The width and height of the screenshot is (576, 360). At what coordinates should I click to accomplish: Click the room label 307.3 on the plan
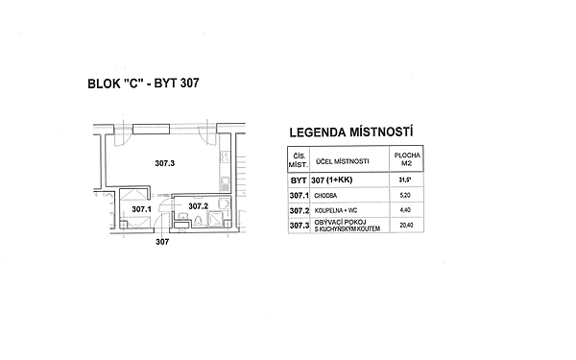(x=164, y=163)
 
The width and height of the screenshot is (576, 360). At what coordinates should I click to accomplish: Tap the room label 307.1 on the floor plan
(x=141, y=209)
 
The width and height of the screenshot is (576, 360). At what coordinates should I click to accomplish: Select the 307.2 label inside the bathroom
(x=199, y=206)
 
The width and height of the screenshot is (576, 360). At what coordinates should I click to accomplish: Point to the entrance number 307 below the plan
(x=162, y=242)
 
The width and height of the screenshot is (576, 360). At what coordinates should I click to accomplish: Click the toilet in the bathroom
(x=199, y=221)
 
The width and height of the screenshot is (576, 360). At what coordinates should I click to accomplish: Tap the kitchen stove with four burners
(x=225, y=157)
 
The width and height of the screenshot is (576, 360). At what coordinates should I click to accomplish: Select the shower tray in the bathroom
(x=216, y=219)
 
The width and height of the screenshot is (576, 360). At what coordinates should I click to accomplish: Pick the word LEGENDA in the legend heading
(x=318, y=132)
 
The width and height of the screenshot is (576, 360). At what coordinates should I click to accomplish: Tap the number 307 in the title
(x=190, y=83)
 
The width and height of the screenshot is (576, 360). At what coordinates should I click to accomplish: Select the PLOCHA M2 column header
(x=407, y=159)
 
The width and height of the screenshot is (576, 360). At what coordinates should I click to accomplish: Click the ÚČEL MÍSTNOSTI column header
(x=342, y=161)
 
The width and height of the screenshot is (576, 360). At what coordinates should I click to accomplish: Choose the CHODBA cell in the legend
(x=325, y=196)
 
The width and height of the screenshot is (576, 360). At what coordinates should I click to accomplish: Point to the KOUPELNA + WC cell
(x=336, y=211)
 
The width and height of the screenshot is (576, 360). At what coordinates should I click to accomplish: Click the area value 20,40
(x=406, y=226)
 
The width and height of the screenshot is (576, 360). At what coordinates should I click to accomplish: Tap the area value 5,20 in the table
(x=405, y=195)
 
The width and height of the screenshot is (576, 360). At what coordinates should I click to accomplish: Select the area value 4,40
(x=405, y=210)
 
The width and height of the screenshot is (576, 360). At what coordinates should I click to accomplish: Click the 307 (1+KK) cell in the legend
(x=332, y=180)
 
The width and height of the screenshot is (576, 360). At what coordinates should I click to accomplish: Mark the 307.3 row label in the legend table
(x=300, y=226)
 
